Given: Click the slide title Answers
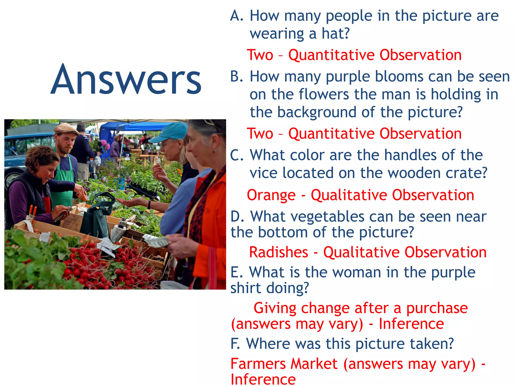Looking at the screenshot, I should click(126, 80).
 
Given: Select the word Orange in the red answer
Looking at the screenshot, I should click(271, 195).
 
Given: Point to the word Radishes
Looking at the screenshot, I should click(278, 252).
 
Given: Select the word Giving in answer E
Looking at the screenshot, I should click(275, 308).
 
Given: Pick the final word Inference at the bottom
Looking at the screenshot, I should click(263, 379).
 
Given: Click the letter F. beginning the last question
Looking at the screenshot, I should click(235, 344).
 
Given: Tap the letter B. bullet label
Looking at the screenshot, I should click(237, 76).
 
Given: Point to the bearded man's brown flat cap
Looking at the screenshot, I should click(66, 129).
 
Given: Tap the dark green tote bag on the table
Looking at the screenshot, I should click(96, 219).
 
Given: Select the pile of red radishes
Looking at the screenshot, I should click(101, 266).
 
